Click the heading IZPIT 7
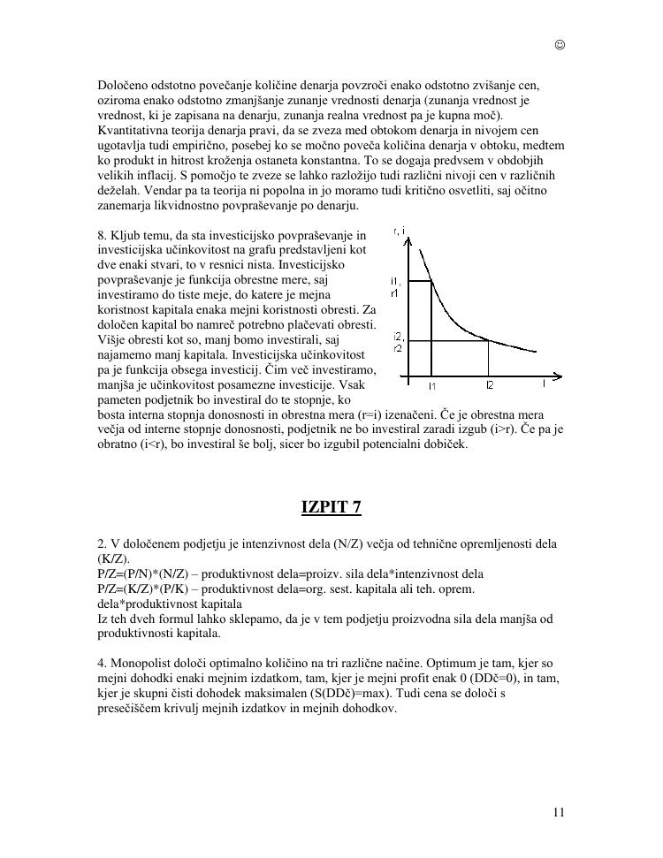point(331,506)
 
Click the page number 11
point(558,812)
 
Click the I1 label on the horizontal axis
point(431,386)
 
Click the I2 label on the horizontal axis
point(489,386)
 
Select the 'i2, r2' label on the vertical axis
point(398,342)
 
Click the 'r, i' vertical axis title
point(399,232)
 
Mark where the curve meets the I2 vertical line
point(489,340)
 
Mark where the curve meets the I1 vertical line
point(431,281)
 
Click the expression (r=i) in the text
point(375,414)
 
